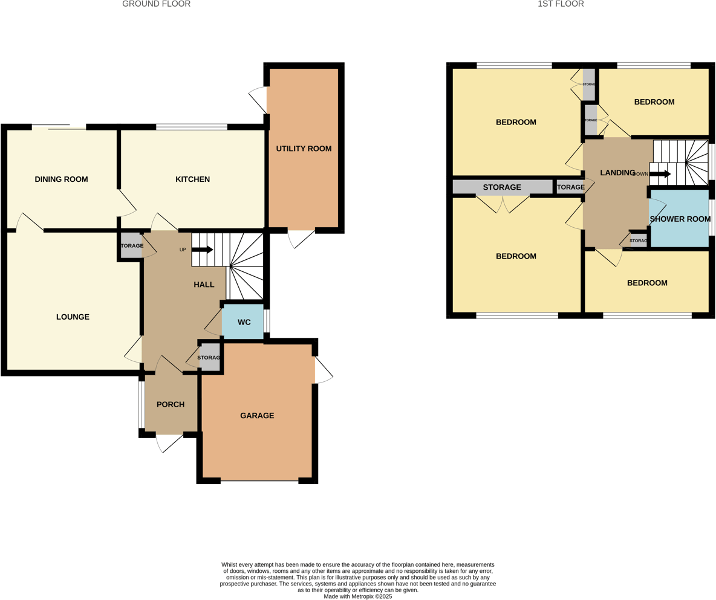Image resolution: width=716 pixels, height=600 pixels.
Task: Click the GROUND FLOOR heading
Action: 156,4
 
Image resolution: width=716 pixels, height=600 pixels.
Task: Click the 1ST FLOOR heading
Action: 560,4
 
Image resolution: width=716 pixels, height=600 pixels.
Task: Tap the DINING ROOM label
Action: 61,179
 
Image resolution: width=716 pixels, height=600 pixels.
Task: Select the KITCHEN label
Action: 192,179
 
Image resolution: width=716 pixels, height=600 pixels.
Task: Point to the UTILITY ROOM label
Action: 304,149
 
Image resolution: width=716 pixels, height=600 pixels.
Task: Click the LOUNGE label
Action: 73,317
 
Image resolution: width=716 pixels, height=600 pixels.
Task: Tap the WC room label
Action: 244,322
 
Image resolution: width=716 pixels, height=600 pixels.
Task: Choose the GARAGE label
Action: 257,416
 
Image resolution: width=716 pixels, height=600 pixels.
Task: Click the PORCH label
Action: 170,405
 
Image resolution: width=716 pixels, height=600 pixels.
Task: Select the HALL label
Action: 204,285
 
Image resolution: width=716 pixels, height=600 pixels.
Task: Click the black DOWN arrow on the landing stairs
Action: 660,174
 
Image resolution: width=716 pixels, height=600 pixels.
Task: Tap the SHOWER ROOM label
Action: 680,219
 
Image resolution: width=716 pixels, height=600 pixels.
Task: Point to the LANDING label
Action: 617,173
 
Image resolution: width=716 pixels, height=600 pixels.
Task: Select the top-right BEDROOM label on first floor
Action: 654,102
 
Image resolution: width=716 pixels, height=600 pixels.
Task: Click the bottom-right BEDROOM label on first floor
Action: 647,283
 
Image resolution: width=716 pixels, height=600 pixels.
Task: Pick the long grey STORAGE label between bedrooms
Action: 502,187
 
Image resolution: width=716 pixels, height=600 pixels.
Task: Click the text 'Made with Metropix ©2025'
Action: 358,596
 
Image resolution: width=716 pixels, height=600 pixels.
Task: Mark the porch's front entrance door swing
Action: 170,443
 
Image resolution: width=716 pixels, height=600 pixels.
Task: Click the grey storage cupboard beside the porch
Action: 210,358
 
